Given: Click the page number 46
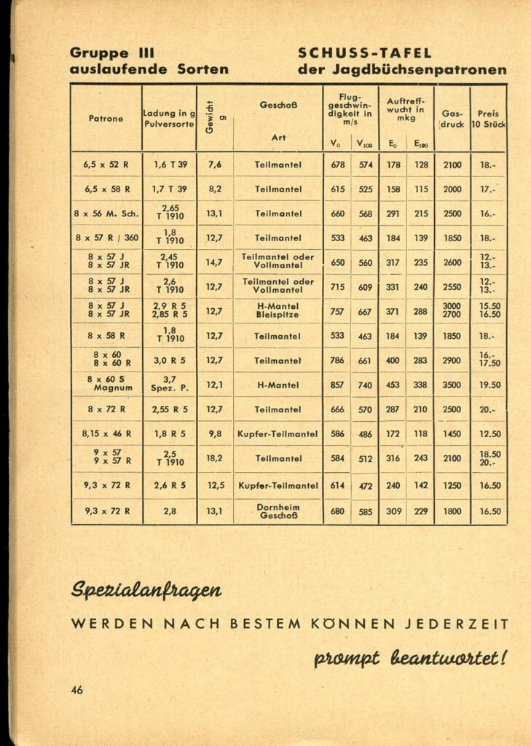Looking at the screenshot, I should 77,690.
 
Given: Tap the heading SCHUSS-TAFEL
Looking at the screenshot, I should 365,53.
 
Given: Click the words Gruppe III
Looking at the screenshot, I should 111,53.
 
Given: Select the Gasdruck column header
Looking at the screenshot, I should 452,119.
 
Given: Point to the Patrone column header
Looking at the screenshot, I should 106,118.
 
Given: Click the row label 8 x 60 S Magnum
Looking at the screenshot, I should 108,384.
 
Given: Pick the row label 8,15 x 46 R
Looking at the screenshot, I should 106,433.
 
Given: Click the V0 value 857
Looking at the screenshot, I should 338,385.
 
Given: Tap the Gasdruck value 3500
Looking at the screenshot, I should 452,385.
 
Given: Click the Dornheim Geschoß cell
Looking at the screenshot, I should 278,511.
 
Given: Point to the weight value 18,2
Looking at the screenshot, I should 214,458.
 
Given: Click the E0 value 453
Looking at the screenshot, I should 393,385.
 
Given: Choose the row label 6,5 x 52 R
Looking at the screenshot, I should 106,165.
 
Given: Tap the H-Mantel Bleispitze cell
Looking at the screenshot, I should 278,311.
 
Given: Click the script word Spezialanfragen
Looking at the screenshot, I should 146,589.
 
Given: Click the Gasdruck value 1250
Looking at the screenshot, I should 452,485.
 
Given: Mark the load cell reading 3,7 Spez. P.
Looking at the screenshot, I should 170,384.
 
